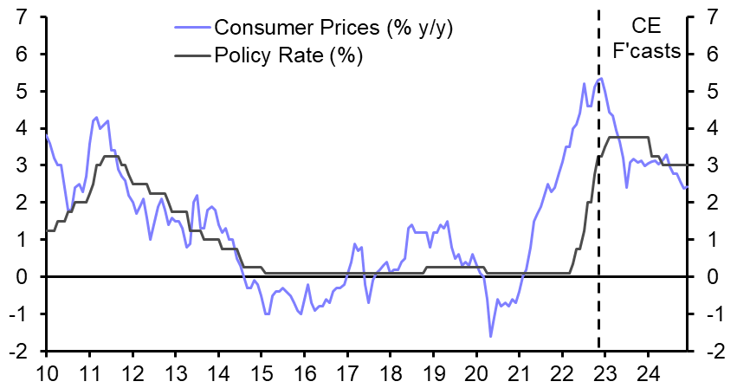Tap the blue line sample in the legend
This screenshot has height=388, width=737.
[191, 28]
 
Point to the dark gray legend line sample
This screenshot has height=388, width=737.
[191, 56]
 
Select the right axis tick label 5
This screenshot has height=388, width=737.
[712, 91]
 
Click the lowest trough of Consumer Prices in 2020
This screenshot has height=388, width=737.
[490, 336]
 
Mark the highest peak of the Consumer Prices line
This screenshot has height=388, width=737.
[601, 78]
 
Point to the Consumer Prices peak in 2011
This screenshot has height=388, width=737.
[95, 117]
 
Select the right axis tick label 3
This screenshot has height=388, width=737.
[712, 165]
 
